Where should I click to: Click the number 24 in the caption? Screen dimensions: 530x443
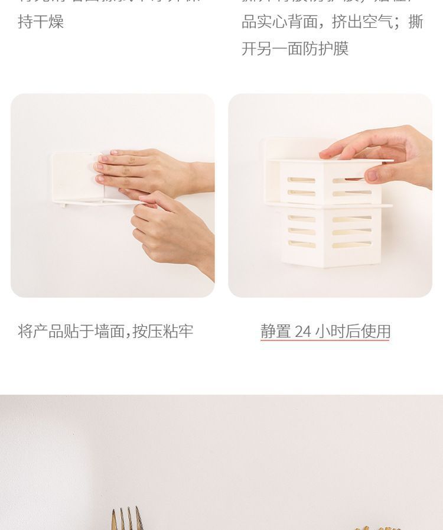[302, 331]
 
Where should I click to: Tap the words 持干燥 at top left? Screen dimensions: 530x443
[41, 22]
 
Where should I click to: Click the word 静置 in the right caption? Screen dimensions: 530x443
[275, 331]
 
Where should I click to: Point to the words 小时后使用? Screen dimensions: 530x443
[353, 331]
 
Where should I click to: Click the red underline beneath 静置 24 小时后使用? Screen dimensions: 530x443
[325, 341]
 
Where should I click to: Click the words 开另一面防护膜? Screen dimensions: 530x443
[295, 48]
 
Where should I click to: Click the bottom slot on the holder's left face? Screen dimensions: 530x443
[302, 243]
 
